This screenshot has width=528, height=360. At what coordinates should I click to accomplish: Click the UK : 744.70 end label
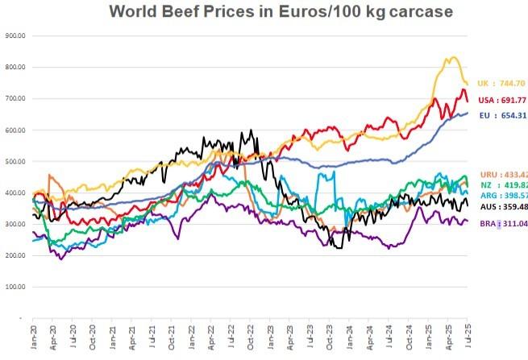(x=501, y=83)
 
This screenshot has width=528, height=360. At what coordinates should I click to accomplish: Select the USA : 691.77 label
(x=501, y=100)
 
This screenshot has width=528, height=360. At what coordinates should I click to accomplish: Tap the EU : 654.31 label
(x=502, y=116)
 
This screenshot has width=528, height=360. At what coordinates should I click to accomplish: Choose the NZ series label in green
(x=502, y=184)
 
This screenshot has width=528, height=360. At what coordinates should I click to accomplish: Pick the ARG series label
(x=502, y=195)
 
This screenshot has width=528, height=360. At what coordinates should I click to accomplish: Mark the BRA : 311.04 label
(x=501, y=223)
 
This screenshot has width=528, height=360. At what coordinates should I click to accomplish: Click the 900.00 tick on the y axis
(x=16, y=36)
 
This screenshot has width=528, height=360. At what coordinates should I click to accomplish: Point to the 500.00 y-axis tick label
(x=16, y=162)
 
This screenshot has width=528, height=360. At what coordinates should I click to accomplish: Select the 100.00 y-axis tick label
(x=16, y=288)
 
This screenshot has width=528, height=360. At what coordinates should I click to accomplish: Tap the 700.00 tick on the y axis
(x=16, y=99)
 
